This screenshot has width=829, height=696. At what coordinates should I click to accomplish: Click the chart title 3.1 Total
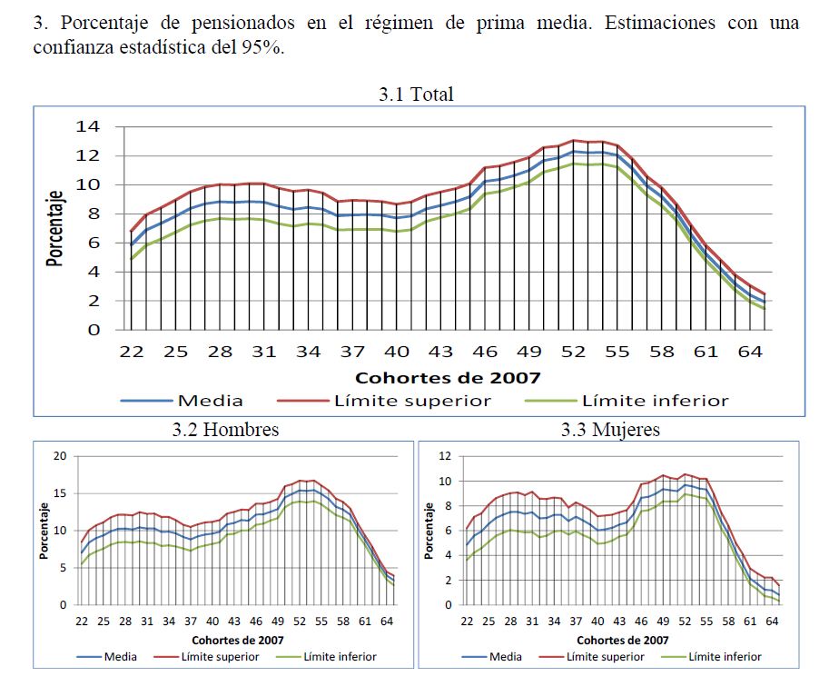coord(415,94)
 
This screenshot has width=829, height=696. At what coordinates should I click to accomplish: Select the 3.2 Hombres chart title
coord(225,430)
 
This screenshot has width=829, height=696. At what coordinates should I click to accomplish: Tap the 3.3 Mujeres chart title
coord(609,430)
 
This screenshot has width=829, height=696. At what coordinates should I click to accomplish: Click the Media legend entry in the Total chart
coord(210,400)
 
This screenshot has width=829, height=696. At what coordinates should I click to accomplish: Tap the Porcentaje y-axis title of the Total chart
coord(56,228)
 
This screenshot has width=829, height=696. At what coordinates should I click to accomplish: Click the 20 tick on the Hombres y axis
coord(61,456)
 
